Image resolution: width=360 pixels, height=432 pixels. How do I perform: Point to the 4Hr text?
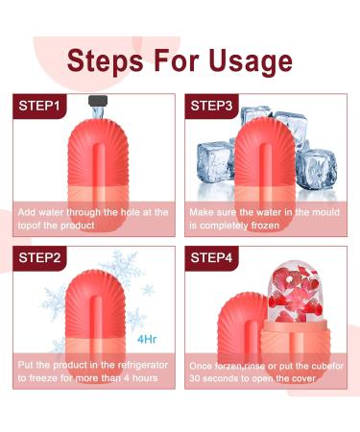pyautogui.click(x=148, y=339)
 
